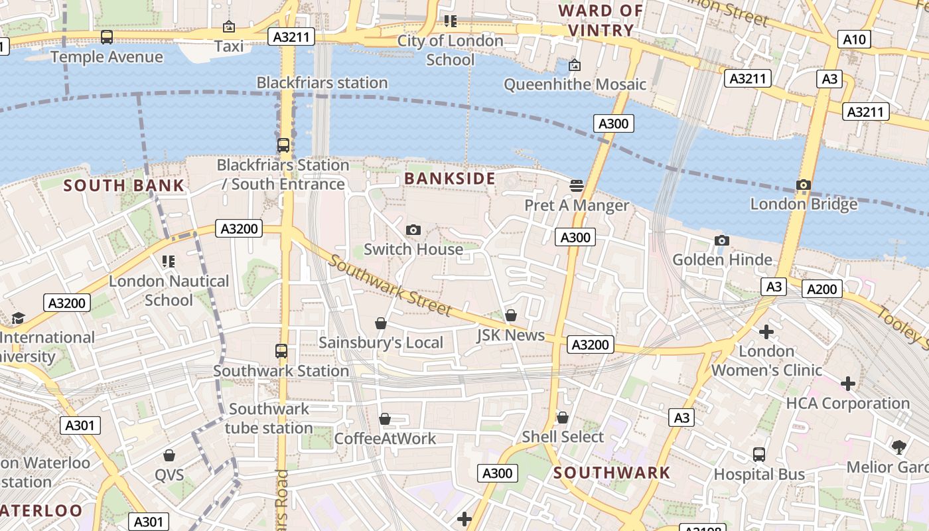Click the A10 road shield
point(853,40)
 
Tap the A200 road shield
point(822,289)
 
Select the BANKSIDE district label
point(450,179)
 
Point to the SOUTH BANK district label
point(124,185)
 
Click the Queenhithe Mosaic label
point(575,84)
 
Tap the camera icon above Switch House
point(413,230)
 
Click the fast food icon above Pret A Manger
point(577,185)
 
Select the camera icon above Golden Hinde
point(722,240)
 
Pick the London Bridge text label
point(804,204)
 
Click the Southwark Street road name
point(390,285)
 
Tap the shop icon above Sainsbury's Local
point(381,323)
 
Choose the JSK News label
point(510,335)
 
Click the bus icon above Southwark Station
point(281,351)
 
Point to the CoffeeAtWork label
point(385,439)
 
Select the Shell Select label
point(563,437)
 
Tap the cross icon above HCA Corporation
point(847,384)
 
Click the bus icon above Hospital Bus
point(759,455)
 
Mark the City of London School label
point(451,50)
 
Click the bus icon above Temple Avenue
point(107,37)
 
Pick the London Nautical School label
point(169,291)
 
